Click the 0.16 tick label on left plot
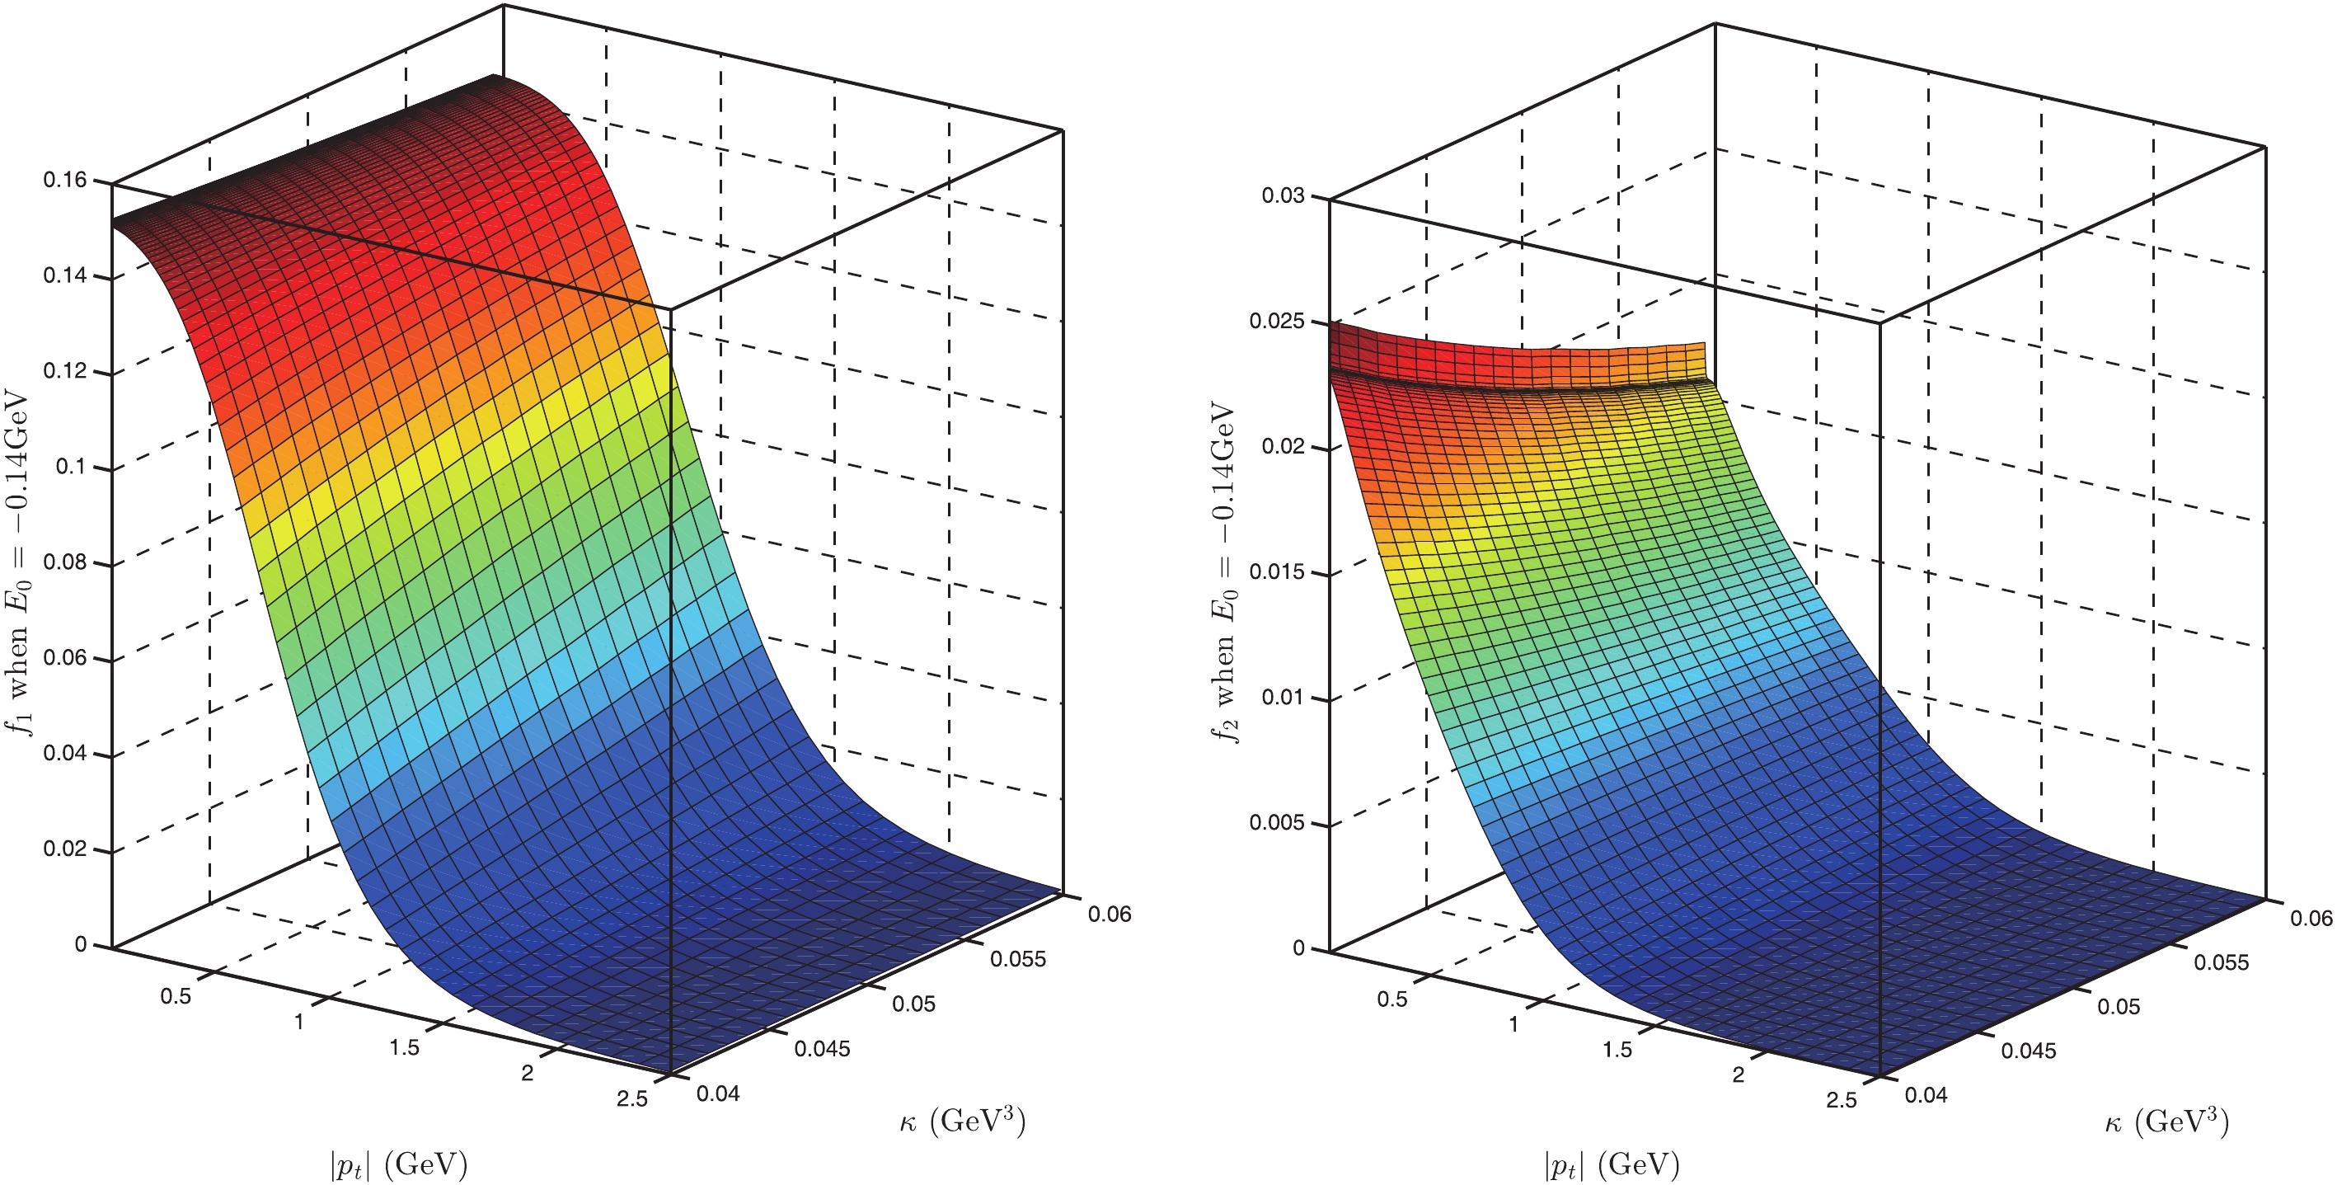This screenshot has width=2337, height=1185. pyautogui.click(x=65, y=180)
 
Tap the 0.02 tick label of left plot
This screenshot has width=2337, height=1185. pyautogui.click(x=65, y=849)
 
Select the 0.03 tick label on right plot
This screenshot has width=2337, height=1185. pyautogui.click(x=1283, y=196)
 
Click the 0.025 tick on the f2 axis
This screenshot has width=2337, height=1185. pyautogui.click(x=1276, y=322)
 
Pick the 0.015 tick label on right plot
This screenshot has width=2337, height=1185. pyautogui.click(x=1276, y=571)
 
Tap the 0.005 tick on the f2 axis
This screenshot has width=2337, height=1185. pyautogui.click(x=1276, y=823)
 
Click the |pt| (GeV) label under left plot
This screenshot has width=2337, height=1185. pyautogui.click(x=398, y=1164)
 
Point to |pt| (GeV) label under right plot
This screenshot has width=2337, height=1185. pyautogui.click(x=1612, y=1164)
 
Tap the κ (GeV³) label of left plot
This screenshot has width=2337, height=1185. pyautogui.click(x=963, y=1122)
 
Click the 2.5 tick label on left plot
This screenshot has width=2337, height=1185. pyautogui.click(x=632, y=1098)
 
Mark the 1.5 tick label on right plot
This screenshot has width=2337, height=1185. pyautogui.click(x=1617, y=1050)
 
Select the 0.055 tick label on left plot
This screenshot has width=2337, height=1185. pyautogui.click(x=1018, y=959)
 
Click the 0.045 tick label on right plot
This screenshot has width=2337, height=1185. pyautogui.click(x=2029, y=1051)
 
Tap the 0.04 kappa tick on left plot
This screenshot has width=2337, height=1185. pyautogui.click(x=719, y=1093)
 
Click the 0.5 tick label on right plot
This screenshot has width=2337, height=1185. pyautogui.click(x=1392, y=999)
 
